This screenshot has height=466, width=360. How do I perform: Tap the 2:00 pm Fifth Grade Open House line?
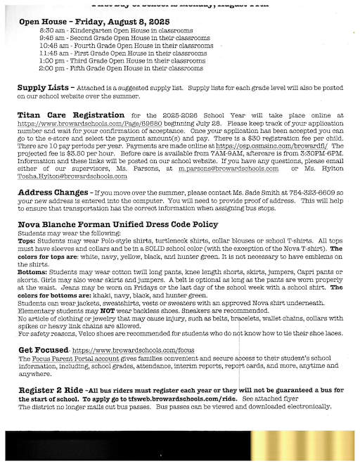[x=121, y=69]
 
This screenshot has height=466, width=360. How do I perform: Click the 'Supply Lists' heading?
[x=42, y=88]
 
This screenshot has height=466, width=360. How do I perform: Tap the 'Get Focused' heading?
[x=42, y=349]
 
